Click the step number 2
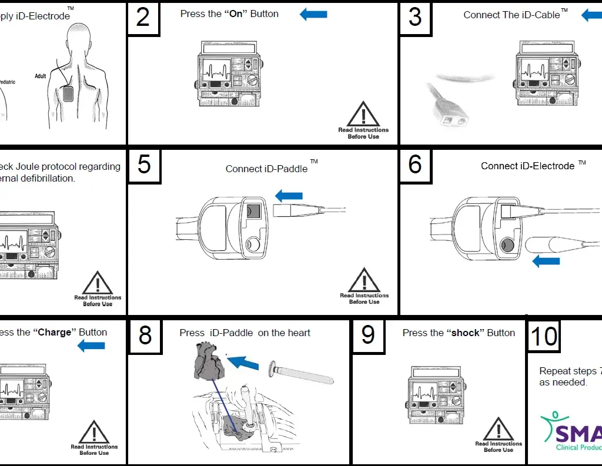(143, 18)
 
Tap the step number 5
(143, 165)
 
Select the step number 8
(145, 335)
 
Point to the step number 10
(543, 336)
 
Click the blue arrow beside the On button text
(313, 14)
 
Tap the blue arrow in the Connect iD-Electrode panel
(546, 260)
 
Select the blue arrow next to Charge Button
(91, 346)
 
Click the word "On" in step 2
(236, 14)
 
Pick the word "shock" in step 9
(465, 333)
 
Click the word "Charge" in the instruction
(55, 333)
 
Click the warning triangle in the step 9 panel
(498, 430)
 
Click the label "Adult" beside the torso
(40, 76)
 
